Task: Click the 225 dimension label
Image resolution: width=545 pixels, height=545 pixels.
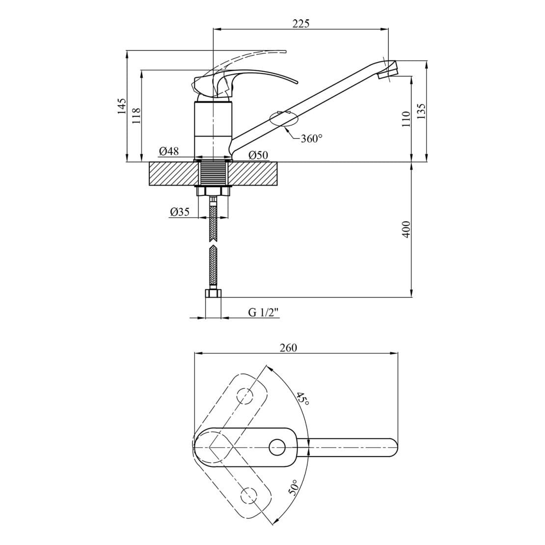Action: (300, 24)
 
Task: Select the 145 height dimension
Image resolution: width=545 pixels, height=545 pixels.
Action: (122, 106)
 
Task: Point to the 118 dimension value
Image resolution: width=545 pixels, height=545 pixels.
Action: (136, 116)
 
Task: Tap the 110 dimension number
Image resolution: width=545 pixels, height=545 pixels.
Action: (407, 119)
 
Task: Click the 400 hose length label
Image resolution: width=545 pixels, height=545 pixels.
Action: (407, 229)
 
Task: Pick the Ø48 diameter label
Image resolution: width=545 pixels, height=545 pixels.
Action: (169, 152)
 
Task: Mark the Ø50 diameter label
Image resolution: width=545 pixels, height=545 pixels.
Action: (258, 155)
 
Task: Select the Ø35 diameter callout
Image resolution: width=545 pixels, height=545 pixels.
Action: (180, 212)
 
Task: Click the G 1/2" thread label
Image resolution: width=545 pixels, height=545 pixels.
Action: (264, 312)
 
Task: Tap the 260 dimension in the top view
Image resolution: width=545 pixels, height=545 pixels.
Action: (289, 348)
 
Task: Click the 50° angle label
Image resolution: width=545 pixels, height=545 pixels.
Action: (293, 487)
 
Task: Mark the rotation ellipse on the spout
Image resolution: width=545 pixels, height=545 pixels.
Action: (284, 119)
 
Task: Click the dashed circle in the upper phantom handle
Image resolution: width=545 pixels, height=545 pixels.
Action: (245, 396)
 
